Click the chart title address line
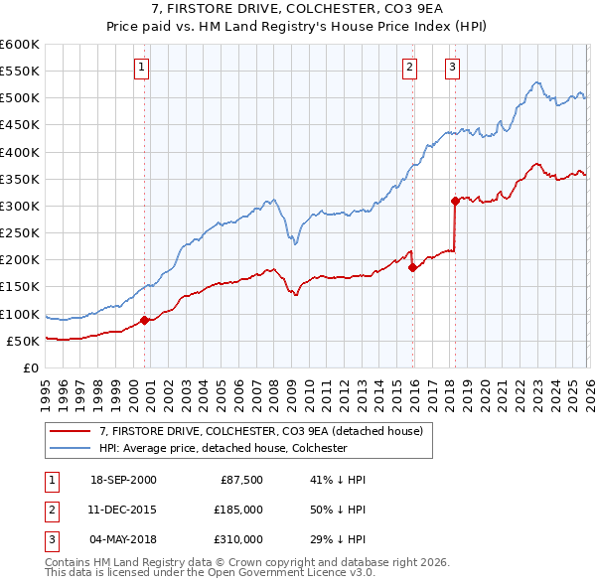[x=298, y=10]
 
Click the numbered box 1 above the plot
[x=142, y=68]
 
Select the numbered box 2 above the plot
[x=409, y=68]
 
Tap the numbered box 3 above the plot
[x=452, y=68]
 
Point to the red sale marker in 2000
[x=145, y=320]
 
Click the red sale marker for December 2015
[x=411, y=267]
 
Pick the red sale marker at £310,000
[x=455, y=201]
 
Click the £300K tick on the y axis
[x=20, y=206]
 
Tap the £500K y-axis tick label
[x=20, y=98]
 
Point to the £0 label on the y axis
[x=30, y=367]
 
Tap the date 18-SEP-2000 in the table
[x=123, y=479]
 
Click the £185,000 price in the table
[x=239, y=510]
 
